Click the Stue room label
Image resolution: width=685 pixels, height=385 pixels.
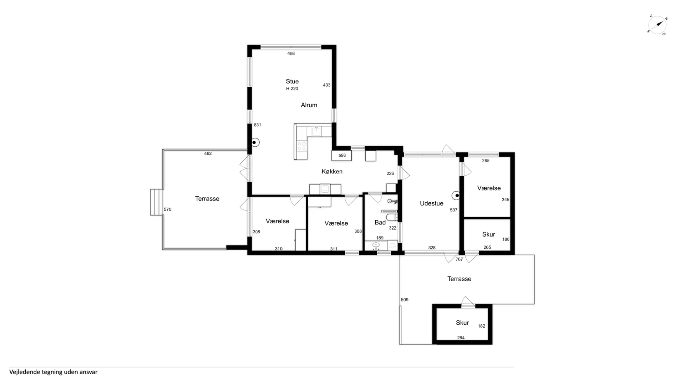[292, 81]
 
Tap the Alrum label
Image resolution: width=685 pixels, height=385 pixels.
[309, 105]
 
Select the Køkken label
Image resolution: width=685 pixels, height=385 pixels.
[332, 172]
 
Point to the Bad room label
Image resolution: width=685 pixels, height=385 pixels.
[380, 223]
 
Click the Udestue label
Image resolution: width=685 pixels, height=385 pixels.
[432, 203]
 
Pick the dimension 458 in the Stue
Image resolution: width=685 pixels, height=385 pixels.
[291, 54]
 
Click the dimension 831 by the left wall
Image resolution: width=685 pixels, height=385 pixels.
[258, 125]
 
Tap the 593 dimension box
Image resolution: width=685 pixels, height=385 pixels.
[342, 156]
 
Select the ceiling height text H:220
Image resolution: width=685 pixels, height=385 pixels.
[292, 89]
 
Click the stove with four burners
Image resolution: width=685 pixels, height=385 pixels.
[301, 146]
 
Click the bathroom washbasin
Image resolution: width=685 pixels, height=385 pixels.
[376, 245]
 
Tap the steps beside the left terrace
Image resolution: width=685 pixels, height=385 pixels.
[157, 202]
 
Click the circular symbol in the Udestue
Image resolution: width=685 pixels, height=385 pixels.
[456, 196]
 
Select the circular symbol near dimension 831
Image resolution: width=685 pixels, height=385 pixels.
[255, 143]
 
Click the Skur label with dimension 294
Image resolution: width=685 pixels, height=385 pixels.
[462, 323]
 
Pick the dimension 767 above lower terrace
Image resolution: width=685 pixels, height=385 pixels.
[459, 259]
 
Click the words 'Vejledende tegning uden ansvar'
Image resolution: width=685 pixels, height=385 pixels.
[54, 372]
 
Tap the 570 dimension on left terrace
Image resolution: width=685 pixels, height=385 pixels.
[168, 209]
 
